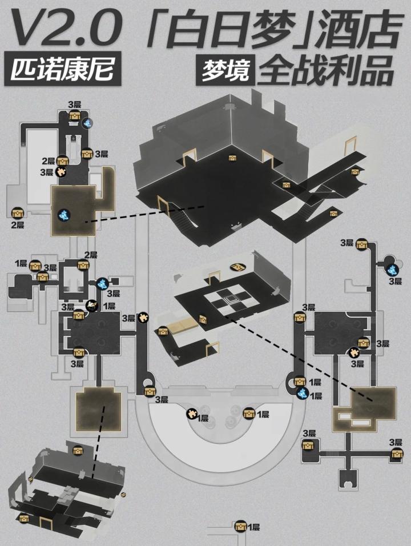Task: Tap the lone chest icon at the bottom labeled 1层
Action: click(x=240, y=526)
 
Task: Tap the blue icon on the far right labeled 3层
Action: click(x=392, y=269)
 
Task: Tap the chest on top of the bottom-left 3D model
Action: click(x=78, y=451)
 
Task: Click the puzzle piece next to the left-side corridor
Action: click(x=143, y=316)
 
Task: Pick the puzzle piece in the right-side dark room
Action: click(x=354, y=352)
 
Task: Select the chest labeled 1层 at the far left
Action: click(x=35, y=265)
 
